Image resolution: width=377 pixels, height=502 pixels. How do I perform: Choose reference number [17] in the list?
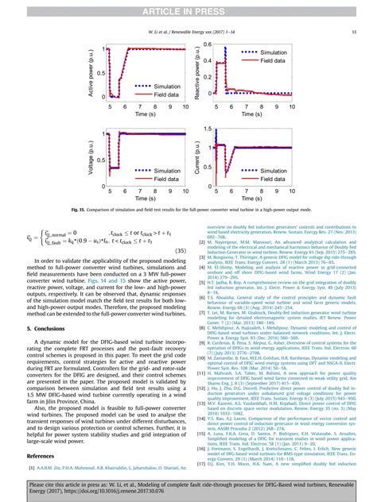pyautogui.click(x=202, y=461)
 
